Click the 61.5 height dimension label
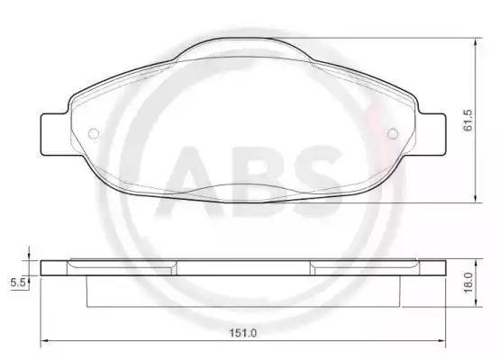468,120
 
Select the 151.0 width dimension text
243,333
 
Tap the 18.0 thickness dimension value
468,283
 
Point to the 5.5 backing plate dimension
17,283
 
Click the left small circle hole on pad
94,133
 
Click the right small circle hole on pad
393,133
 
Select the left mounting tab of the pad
54,134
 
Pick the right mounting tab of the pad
432,134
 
